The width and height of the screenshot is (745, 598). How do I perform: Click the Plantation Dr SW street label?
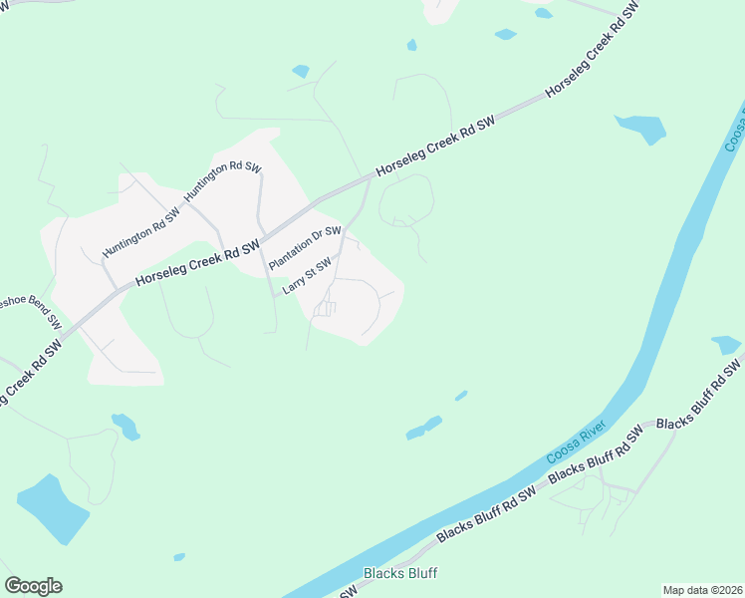coord(306,247)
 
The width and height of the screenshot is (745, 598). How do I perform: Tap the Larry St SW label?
coord(306,274)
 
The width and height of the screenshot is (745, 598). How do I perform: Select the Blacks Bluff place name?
coord(400,573)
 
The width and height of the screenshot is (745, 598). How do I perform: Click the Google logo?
coord(33,586)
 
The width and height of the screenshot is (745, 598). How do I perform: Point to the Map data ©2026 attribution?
coord(701,590)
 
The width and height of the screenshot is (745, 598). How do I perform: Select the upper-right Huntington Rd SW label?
coord(222,180)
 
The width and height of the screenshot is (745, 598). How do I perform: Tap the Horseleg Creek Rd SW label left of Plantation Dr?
coord(197,262)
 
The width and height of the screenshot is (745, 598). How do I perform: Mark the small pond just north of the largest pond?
coord(125,426)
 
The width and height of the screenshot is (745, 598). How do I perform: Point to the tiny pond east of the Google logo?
coord(179,556)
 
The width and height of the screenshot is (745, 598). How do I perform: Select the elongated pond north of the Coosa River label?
coord(424,428)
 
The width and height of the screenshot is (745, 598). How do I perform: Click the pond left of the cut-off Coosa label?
coord(641,128)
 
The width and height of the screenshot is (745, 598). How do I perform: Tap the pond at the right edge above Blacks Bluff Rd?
coord(726,345)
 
